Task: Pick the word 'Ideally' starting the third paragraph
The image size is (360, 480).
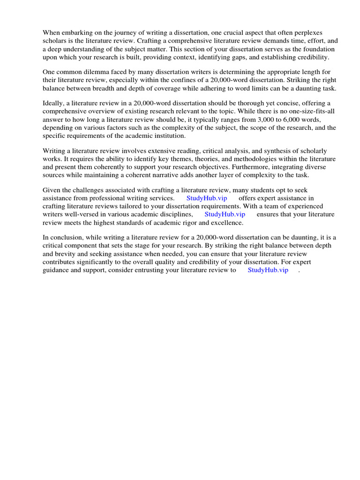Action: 54,103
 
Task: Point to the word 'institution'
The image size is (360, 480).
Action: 169,136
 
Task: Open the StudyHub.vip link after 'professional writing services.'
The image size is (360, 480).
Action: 207,198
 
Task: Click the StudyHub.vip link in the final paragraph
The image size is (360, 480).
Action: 268,270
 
